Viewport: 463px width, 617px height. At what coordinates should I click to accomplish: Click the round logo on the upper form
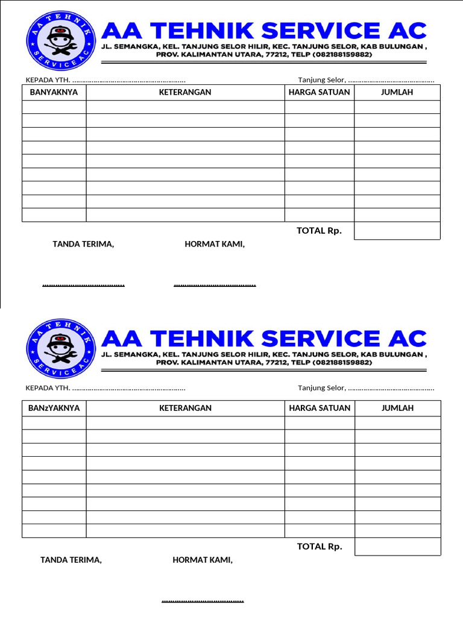point(61,41)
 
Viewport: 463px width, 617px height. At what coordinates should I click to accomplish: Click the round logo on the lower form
point(61,348)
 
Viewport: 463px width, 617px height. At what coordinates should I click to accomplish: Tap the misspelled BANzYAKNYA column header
point(54,408)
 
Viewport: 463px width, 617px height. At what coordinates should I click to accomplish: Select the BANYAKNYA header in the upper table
point(54,92)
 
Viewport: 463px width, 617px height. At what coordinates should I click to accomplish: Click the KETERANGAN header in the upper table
point(185,92)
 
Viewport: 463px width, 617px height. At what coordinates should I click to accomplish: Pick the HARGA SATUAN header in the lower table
point(320,408)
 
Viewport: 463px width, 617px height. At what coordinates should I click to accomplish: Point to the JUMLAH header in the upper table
point(397,92)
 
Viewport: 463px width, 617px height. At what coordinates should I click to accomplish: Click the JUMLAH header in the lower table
point(397,408)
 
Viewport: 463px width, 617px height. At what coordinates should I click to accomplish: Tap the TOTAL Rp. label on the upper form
point(319,231)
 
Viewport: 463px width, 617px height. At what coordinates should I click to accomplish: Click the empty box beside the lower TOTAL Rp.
point(397,547)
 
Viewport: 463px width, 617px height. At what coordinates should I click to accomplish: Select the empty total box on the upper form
point(397,231)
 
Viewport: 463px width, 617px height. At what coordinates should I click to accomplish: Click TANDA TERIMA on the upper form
point(83,244)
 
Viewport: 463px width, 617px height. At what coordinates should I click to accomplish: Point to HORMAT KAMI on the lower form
point(203,560)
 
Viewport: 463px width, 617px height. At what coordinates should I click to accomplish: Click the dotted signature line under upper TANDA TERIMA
point(83,284)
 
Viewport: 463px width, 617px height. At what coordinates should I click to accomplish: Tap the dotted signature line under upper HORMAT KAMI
point(215,284)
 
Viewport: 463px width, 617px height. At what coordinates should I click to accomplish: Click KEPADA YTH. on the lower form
point(48,388)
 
